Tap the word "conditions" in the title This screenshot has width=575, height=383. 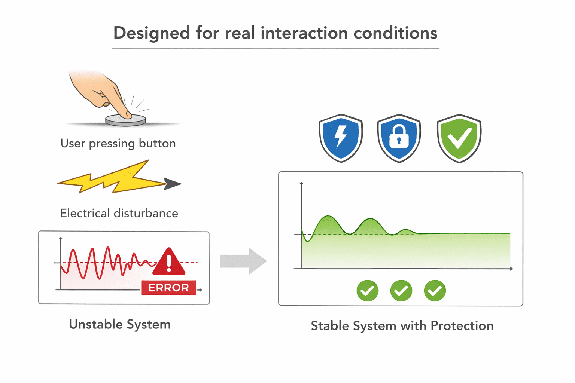[395, 33]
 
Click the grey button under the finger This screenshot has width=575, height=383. [125, 120]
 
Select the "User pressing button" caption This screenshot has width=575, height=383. [118, 143]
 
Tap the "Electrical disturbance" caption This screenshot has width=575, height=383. [119, 213]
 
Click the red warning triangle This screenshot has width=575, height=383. [169, 262]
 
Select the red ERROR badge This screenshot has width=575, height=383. [169, 288]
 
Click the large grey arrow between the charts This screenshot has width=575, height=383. [243, 261]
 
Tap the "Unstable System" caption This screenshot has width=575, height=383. [120, 325]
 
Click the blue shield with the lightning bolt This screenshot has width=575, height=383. [341, 138]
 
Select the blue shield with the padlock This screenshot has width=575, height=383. [399, 138]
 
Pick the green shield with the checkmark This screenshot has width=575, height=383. [459, 138]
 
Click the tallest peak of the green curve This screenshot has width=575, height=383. [328, 216]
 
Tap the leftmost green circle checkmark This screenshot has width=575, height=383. [368, 291]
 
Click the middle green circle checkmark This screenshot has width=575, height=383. [401, 291]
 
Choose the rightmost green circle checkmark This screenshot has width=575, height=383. [435, 291]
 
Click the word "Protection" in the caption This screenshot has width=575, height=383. [462, 326]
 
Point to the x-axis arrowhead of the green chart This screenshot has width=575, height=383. [512, 269]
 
